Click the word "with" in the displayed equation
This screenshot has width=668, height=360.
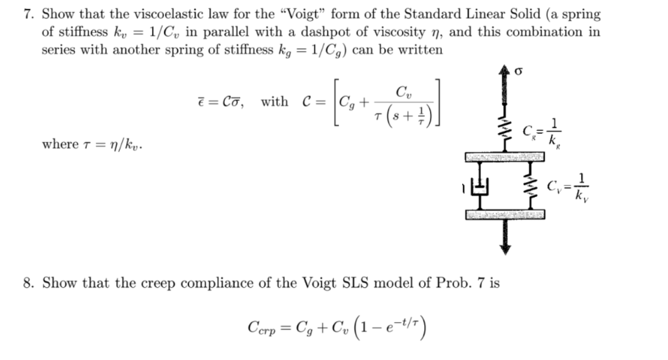point(274,102)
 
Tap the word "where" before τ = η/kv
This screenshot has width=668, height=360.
point(60,145)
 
